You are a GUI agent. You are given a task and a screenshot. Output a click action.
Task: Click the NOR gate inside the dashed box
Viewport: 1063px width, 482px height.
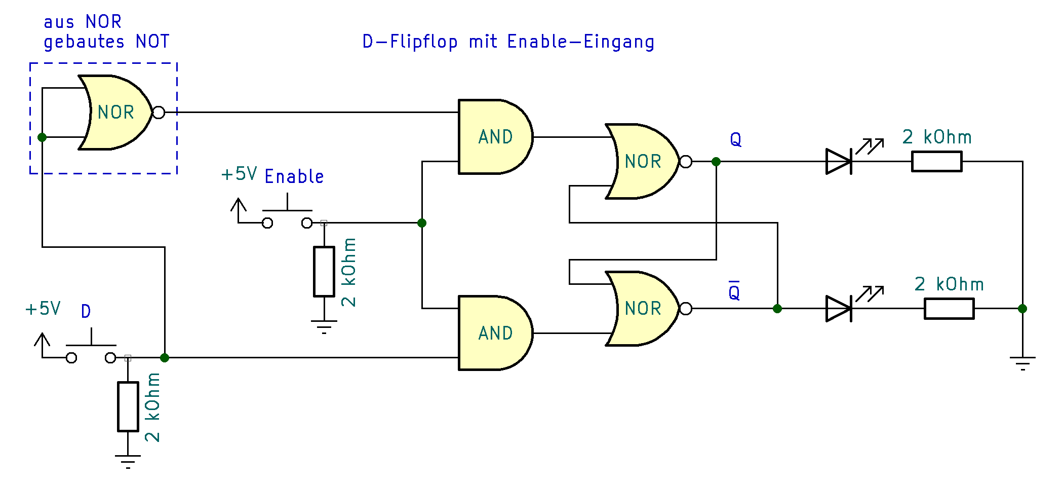tap(115, 113)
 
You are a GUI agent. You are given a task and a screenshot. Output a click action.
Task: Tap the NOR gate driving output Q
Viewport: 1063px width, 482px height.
tap(642, 161)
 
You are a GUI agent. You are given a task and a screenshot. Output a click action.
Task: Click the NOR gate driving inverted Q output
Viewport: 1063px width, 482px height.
tap(642, 308)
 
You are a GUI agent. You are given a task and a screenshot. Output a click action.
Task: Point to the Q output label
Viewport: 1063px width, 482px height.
tap(736, 139)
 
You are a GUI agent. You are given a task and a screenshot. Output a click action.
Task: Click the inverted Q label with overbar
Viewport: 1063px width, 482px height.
tap(734, 291)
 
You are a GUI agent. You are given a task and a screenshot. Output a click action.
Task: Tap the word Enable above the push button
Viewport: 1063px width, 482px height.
tap(294, 177)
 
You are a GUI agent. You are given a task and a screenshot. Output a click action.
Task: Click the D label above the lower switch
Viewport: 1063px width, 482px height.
tap(86, 311)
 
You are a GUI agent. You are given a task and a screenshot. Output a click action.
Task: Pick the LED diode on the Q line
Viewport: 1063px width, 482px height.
tap(839, 162)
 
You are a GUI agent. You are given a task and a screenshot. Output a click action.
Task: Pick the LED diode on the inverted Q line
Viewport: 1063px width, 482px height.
tap(839, 309)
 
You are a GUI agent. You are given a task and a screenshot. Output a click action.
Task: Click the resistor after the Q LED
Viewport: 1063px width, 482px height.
tap(936, 162)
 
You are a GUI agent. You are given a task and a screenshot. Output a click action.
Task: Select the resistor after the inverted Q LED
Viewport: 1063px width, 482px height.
tap(949, 309)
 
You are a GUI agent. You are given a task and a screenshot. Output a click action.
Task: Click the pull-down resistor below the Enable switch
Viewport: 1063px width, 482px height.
tap(324, 272)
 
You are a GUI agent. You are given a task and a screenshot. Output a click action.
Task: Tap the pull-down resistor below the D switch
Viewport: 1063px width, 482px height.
tap(128, 407)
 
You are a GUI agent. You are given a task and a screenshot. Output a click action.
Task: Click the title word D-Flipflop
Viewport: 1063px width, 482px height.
tap(410, 42)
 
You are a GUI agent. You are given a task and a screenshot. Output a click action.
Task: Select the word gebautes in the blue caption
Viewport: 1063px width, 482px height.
tap(84, 42)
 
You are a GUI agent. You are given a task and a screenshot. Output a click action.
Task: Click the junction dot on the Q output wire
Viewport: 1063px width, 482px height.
tap(716, 162)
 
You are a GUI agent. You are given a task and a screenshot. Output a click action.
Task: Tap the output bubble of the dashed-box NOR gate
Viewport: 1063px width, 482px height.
tap(159, 113)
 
